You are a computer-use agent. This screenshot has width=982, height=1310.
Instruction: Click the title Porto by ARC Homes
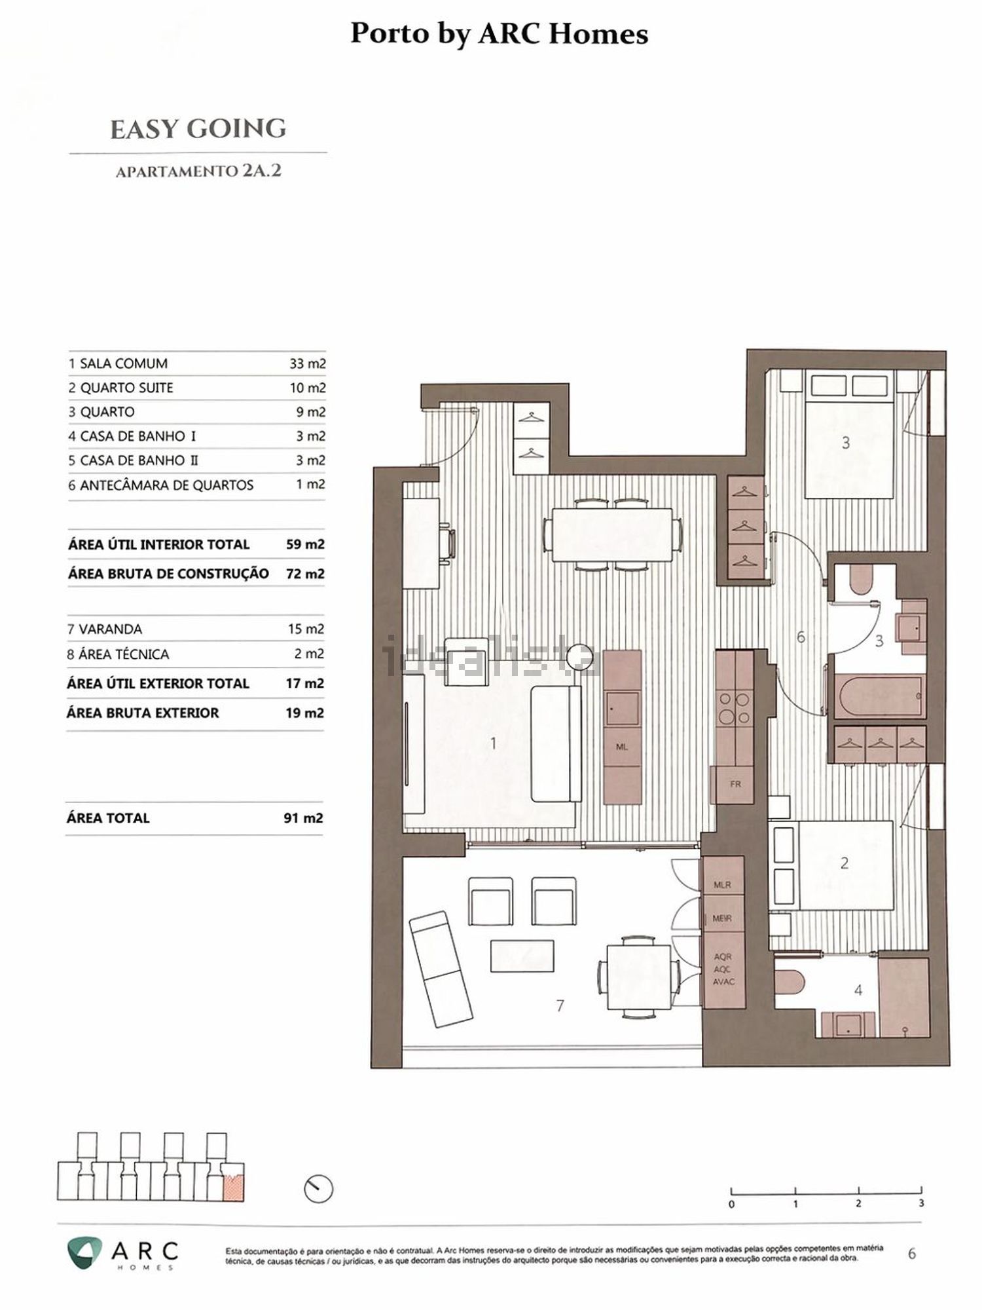[499, 34]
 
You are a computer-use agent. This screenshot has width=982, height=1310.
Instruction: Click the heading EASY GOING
[198, 129]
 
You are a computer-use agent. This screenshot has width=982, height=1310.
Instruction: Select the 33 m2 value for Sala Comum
[308, 364]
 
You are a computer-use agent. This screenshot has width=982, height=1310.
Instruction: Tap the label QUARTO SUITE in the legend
[126, 388]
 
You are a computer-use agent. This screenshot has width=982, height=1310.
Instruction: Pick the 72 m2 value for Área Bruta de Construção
[305, 574]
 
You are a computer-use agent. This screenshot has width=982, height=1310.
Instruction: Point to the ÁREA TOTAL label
[108, 818]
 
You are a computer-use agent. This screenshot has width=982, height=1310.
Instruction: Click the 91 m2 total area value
[303, 818]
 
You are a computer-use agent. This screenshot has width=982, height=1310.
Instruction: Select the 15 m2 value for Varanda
[306, 629]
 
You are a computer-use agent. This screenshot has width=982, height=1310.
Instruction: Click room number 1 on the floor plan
[493, 743]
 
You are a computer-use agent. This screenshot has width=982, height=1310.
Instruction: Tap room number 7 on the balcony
[560, 1005]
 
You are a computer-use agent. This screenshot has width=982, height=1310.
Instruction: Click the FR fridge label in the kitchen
[736, 784]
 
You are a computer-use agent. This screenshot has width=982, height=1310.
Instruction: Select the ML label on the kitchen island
[622, 747]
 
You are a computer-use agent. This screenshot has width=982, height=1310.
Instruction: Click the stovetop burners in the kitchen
[735, 708]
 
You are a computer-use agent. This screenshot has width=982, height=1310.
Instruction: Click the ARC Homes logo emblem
[84, 1252]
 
